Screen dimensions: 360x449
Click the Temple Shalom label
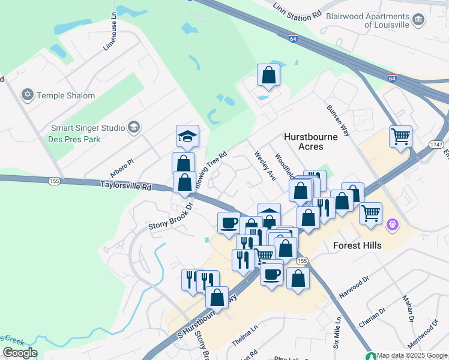pos(65,95)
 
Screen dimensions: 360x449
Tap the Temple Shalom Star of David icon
pos(26,95)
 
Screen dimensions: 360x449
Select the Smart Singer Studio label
pos(88,127)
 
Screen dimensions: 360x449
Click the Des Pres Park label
pos(76,139)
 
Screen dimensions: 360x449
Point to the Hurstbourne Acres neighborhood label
pos(312,141)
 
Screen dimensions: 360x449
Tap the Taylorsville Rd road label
pos(125,187)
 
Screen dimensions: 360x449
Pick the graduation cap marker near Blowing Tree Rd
pos(187,137)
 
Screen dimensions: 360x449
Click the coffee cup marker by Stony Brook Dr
pos(229,223)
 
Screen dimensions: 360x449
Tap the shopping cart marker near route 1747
pos(400,136)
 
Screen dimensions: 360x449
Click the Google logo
pos(19,352)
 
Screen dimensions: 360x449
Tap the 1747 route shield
pos(436,145)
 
